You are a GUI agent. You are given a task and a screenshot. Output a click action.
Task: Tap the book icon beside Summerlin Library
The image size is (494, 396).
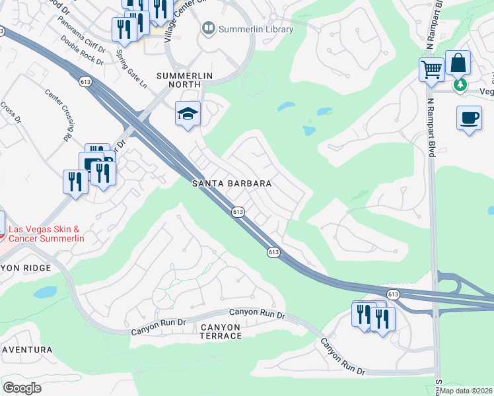[x=209, y=28]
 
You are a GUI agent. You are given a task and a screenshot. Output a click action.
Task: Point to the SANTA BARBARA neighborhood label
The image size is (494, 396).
[x=231, y=183]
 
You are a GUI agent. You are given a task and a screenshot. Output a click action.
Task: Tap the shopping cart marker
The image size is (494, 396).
[x=431, y=69]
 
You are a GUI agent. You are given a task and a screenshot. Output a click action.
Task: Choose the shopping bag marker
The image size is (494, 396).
[x=458, y=63]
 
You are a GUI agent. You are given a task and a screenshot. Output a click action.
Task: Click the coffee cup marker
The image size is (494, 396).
[x=469, y=118]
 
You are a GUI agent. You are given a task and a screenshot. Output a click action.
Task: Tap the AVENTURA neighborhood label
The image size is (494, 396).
[x=26, y=349]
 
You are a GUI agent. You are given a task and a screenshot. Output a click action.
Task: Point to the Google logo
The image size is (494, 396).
[x=22, y=387]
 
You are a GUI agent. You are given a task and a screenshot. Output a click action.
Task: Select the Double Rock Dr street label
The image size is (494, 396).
[x=82, y=50]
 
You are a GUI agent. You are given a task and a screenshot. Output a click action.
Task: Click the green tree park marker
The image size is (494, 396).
[x=460, y=84]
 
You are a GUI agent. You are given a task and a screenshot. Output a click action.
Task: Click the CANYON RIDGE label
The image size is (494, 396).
[x=24, y=269]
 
